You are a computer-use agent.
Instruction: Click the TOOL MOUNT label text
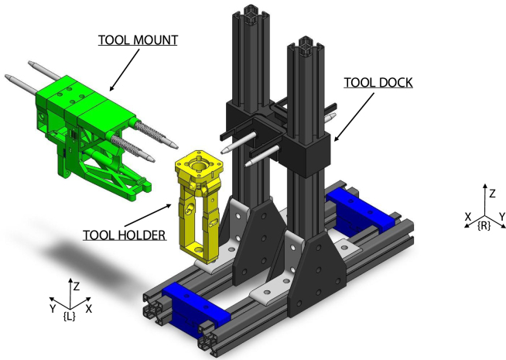[x=138, y=40]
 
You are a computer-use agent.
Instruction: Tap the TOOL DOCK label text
[x=378, y=83]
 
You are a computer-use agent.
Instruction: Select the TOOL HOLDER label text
[x=125, y=235]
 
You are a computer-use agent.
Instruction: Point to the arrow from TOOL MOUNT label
[x=125, y=70]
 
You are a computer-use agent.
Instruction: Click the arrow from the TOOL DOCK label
[x=354, y=117]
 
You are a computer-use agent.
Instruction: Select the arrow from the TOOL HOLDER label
[x=148, y=215]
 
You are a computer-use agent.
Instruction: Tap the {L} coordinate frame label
[x=70, y=317]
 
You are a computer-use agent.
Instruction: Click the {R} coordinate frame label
[x=484, y=226]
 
